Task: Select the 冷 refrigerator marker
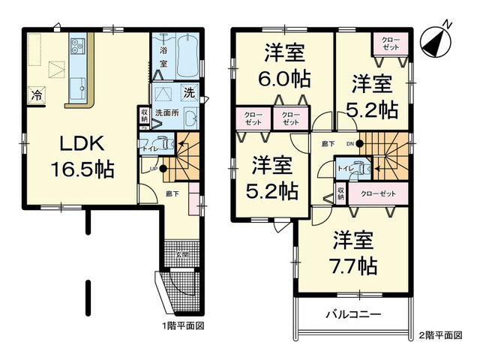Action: coord(35,95)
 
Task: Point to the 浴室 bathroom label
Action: coord(163,59)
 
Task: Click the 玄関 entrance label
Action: coord(182,255)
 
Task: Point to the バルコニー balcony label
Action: coord(353,314)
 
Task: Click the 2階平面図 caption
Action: coord(441,334)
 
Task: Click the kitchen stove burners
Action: coord(78,48)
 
